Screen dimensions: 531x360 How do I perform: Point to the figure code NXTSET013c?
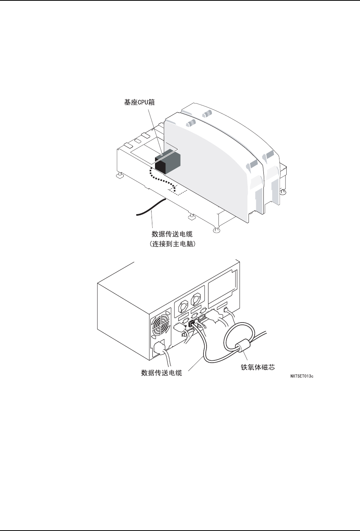coord(302,376)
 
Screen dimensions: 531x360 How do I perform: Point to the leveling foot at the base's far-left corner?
coord(119,175)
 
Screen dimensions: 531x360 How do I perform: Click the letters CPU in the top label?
coord(144,102)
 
